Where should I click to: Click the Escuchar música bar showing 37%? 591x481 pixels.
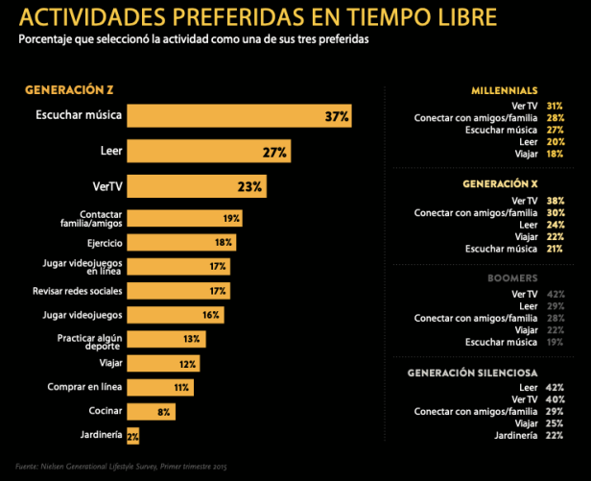(240, 117)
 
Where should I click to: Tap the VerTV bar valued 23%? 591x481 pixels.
(197, 186)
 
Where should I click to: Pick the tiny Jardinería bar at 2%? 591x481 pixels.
(132, 435)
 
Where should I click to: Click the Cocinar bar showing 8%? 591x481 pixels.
(151, 411)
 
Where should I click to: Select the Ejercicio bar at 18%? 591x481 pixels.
(181, 243)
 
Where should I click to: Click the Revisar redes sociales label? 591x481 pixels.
(77, 290)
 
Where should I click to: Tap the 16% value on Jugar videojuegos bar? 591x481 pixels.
(211, 315)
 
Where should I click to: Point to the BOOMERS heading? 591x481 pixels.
(532, 277)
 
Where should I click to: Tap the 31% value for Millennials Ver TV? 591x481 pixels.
(555, 105)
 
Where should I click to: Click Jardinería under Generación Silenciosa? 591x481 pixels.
(516, 434)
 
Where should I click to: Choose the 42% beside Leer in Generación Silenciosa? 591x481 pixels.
(555, 386)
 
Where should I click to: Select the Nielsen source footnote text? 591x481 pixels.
(121, 466)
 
